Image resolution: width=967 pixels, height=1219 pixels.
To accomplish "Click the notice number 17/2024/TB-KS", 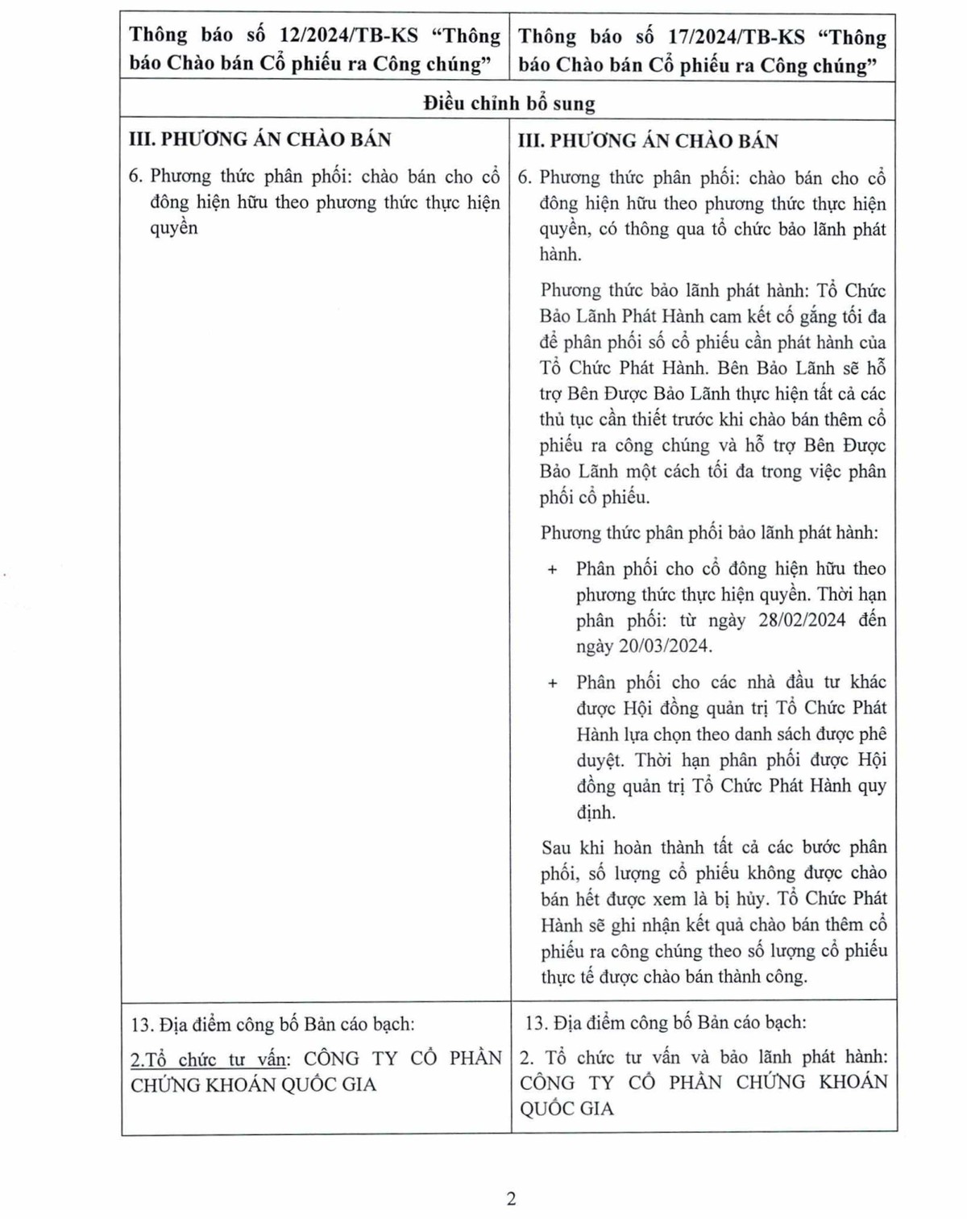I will click(736, 37).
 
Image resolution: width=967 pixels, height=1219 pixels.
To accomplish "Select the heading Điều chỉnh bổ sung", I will click(508, 103).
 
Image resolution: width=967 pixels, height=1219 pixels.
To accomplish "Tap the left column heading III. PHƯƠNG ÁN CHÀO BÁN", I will click(259, 139).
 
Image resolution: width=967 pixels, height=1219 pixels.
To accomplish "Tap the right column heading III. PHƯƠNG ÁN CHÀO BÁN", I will click(648, 141).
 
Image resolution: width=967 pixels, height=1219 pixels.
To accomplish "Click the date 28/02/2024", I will click(802, 620).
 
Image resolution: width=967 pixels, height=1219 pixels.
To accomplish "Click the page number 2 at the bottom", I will click(511, 1199).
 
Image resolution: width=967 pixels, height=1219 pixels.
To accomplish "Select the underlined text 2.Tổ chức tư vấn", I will click(209, 1059).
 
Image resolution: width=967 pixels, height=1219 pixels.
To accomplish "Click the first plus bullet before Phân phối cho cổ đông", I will click(552, 570).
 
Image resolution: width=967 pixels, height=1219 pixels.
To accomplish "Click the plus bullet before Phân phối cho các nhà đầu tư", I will click(552, 683).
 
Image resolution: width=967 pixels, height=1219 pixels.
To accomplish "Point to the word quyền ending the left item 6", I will click(173, 228).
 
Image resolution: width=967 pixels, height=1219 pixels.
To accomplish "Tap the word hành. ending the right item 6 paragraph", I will click(560, 255).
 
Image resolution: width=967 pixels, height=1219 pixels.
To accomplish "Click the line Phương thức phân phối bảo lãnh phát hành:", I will click(709, 533).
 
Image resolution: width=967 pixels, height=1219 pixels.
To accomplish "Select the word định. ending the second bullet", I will click(596, 812).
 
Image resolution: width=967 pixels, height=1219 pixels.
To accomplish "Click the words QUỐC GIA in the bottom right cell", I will click(567, 1109).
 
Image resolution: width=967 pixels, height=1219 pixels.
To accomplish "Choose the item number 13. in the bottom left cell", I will click(142, 1025).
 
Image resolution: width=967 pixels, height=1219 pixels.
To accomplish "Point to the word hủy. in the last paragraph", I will click(751, 899).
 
